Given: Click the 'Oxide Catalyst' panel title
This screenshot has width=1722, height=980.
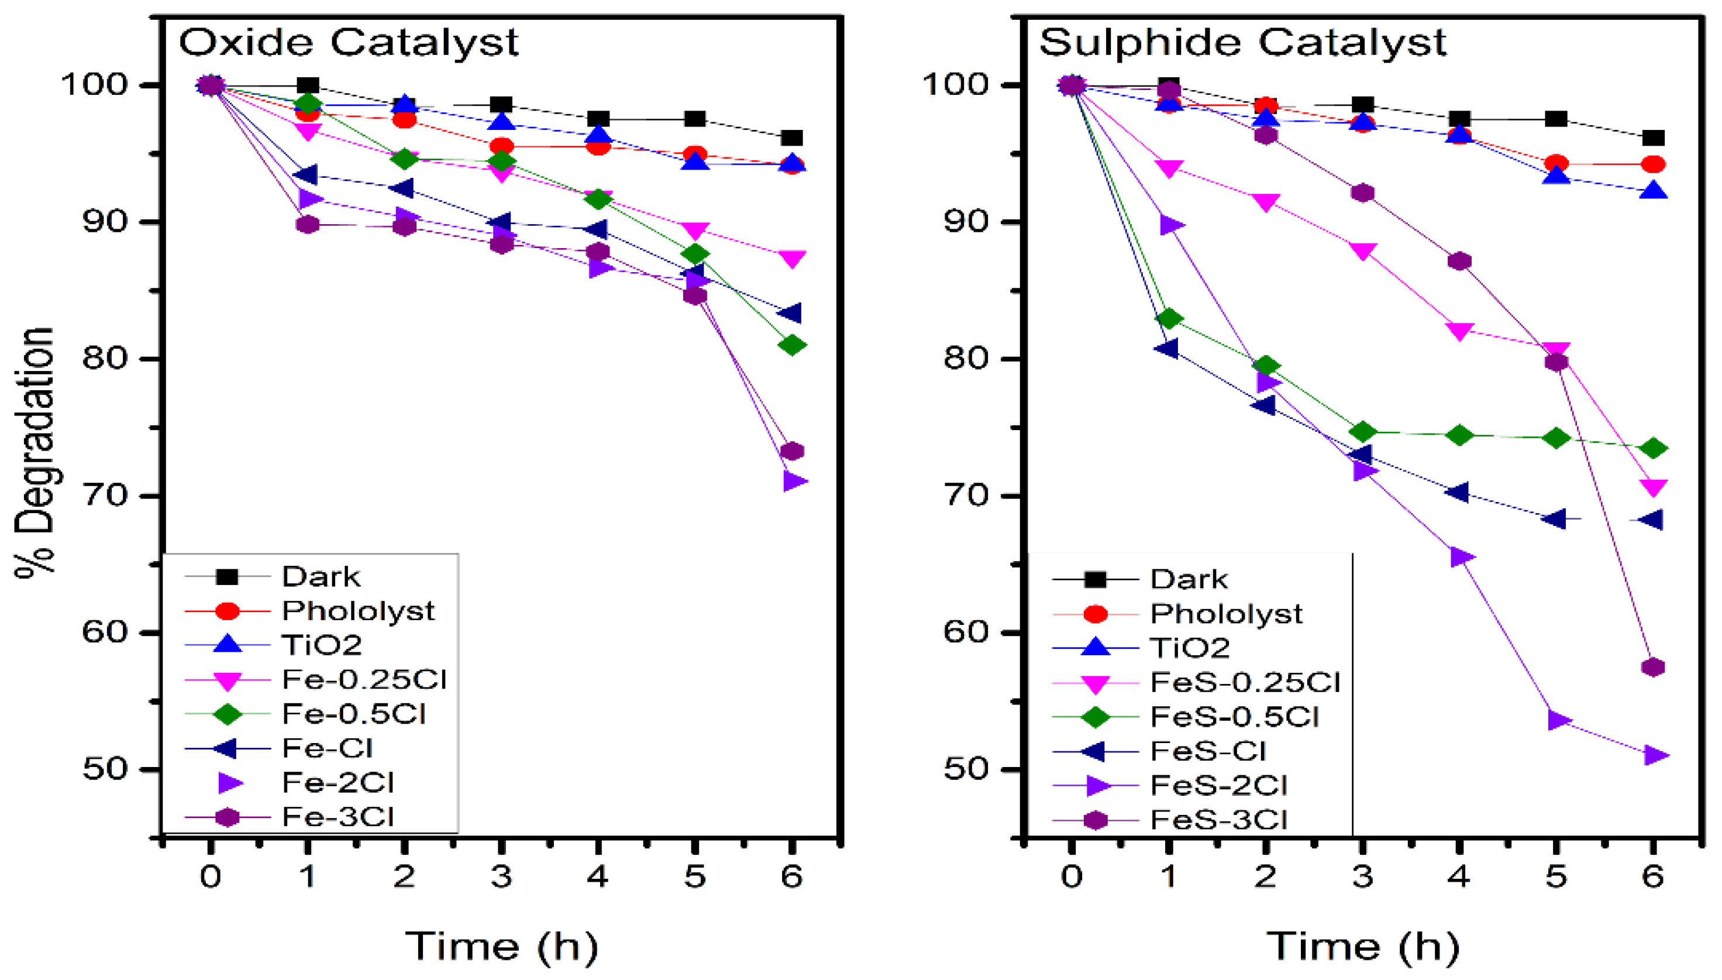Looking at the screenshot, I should point(348,42).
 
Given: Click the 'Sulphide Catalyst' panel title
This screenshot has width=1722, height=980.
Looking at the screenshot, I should point(1242,42).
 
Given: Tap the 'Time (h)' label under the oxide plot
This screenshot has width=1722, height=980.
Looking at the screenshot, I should point(501,945).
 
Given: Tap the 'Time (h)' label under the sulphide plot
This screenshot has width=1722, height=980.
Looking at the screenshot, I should point(1363,945).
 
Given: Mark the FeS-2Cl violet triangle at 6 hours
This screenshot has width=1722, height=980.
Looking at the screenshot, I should point(1654,755).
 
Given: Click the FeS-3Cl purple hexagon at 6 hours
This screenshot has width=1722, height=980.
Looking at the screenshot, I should point(1654,667).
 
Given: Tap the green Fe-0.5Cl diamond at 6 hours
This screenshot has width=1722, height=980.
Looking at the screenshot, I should point(792,345).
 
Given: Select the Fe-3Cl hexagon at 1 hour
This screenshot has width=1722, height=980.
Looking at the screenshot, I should point(308,224).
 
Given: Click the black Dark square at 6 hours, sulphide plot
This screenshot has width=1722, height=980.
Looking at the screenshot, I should point(1654,138).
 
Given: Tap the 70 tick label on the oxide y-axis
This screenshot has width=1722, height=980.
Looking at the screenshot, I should point(104,496).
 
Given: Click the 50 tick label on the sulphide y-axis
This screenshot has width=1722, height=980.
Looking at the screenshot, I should point(966,769).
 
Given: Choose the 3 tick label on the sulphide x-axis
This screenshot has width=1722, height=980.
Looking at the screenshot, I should point(1363,876).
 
